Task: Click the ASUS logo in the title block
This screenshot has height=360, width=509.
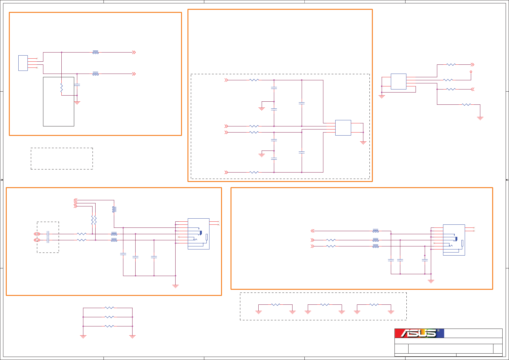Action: point(419,333)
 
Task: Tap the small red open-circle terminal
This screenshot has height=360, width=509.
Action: point(471,72)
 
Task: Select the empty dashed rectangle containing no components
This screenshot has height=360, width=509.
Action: point(62,158)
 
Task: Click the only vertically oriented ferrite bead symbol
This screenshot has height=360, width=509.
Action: point(114,209)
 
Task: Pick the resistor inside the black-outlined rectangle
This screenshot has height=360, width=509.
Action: point(62,89)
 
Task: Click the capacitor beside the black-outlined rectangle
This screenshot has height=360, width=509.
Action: point(77,85)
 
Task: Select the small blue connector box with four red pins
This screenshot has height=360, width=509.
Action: point(23,63)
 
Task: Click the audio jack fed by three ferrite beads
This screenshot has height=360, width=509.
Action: point(454,240)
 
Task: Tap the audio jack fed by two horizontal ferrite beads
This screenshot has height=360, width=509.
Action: point(198,234)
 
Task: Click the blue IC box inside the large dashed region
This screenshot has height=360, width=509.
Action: point(343,128)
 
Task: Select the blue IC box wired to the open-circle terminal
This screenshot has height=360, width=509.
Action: point(398,82)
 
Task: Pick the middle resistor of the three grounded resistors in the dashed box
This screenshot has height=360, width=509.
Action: point(325,305)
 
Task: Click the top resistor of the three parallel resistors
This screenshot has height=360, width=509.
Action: point(109,308)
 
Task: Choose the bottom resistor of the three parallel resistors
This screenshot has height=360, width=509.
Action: point(109,326)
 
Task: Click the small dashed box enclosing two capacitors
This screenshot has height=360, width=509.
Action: point(48,237)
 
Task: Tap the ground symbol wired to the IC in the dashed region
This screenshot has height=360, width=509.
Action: point(363,143)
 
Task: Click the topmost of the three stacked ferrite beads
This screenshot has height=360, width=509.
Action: point(376,231)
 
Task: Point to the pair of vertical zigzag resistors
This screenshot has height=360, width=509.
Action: point(94,220)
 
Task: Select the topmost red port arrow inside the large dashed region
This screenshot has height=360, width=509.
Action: point(226,80)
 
